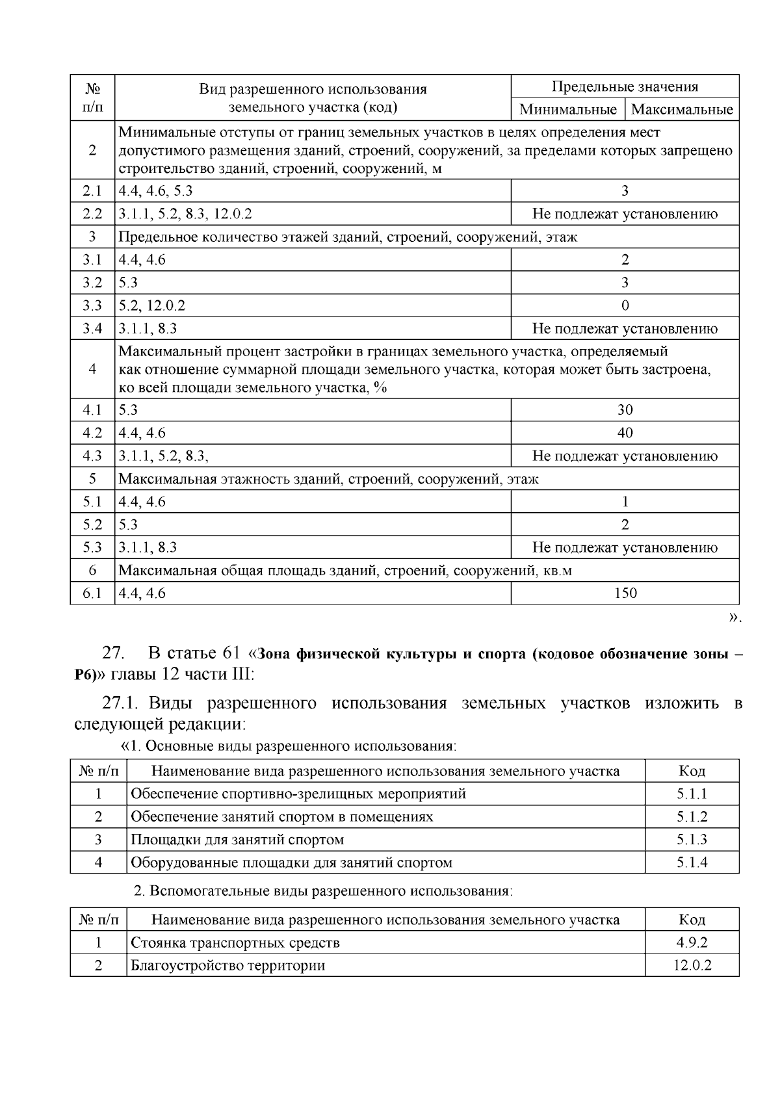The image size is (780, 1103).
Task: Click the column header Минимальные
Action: click(x=567, y=109)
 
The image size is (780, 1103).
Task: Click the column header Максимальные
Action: click(x=682, y=109)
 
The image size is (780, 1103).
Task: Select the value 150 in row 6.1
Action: click(x=625, y=593)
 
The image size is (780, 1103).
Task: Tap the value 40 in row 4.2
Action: click(x=625, y=433)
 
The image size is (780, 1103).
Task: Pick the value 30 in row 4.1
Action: click(x=625, y=409)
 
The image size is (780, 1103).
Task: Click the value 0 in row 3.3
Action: click(x=625, y=305)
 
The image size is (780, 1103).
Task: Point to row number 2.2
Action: click(x=92, y=214)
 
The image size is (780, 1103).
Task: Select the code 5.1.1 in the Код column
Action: click(x=692, y=794)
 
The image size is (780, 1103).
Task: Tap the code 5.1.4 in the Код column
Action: click(x=692, y=863)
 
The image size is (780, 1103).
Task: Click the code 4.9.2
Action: click(x=692, y=942)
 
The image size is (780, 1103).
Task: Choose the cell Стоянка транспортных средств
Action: click(x=235, y=942)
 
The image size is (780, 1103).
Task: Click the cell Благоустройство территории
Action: click(x=227, y=965)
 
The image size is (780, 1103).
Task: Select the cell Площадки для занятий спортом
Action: click(x=237, y=840)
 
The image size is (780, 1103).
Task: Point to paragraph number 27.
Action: click(x=114, y=653)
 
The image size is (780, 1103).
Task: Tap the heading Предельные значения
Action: click(x=625, y=86)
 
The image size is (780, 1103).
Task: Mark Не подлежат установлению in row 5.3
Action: click(x=625, y=547)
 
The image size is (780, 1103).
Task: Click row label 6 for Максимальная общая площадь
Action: click(x=92, y=570)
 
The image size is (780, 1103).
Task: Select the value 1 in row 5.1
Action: click(x=625, y=502)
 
